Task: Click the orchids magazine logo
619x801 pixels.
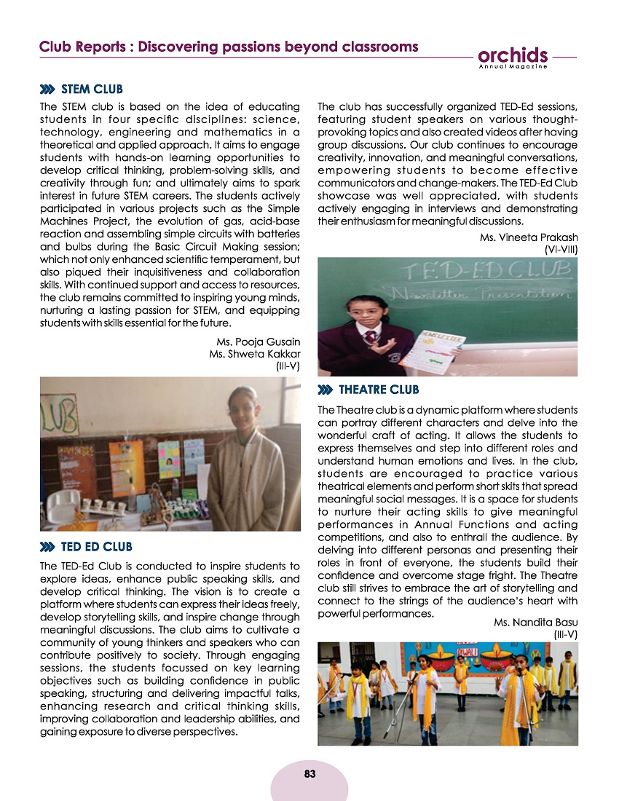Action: click(x=513, y=56)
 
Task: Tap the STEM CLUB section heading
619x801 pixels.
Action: click(x=92, y=90)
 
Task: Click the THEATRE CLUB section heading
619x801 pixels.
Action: click(x=379, y=389)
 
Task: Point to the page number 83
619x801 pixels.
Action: click(x=309, y=773)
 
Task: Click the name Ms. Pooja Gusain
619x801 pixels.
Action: click(x=259, y=342)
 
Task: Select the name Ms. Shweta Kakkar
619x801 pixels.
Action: click(x=254, y=354)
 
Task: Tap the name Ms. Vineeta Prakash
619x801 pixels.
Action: click(x=529, y=237)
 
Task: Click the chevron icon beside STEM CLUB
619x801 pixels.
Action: click(x=48, y=90)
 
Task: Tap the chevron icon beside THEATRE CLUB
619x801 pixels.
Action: click(x=326, y=390)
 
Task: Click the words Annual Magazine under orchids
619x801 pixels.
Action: click(x=513, y=67)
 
